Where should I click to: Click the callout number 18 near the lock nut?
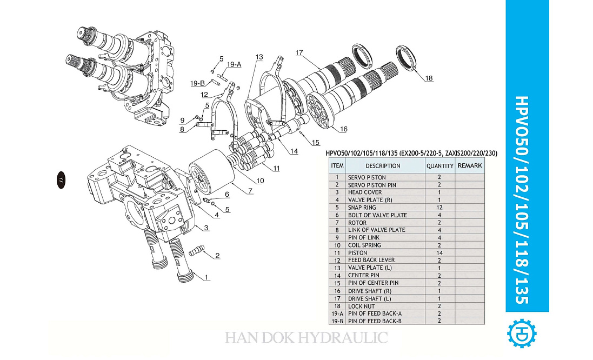point(429,78)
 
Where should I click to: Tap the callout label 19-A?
point(234,64)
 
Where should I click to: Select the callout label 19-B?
point(197,83)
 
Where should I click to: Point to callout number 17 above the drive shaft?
point(299,53)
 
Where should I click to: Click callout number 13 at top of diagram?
point(259,57)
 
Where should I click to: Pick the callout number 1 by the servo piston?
point(206,277)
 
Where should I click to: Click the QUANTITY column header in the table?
point(439,166)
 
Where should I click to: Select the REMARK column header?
point(469,165)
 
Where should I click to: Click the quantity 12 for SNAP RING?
point(439,208)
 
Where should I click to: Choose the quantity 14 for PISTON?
point(439,252)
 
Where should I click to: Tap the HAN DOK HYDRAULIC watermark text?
point(306,338)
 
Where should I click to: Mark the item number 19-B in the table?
point(337,321)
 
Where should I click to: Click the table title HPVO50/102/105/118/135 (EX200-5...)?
point(411,154)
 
